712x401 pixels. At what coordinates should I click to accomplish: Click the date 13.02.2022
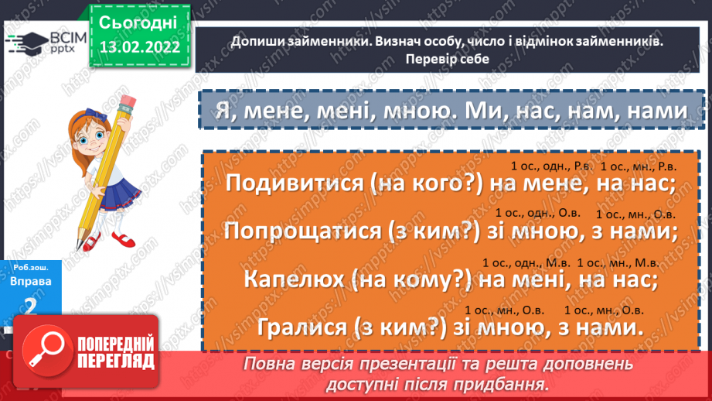coord(138,46)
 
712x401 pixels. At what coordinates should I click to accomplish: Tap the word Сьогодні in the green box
coord(138,22)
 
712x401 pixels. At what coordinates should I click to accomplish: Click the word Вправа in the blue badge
coord(32,281)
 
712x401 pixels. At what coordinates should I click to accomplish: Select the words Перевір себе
coord(446,57)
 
